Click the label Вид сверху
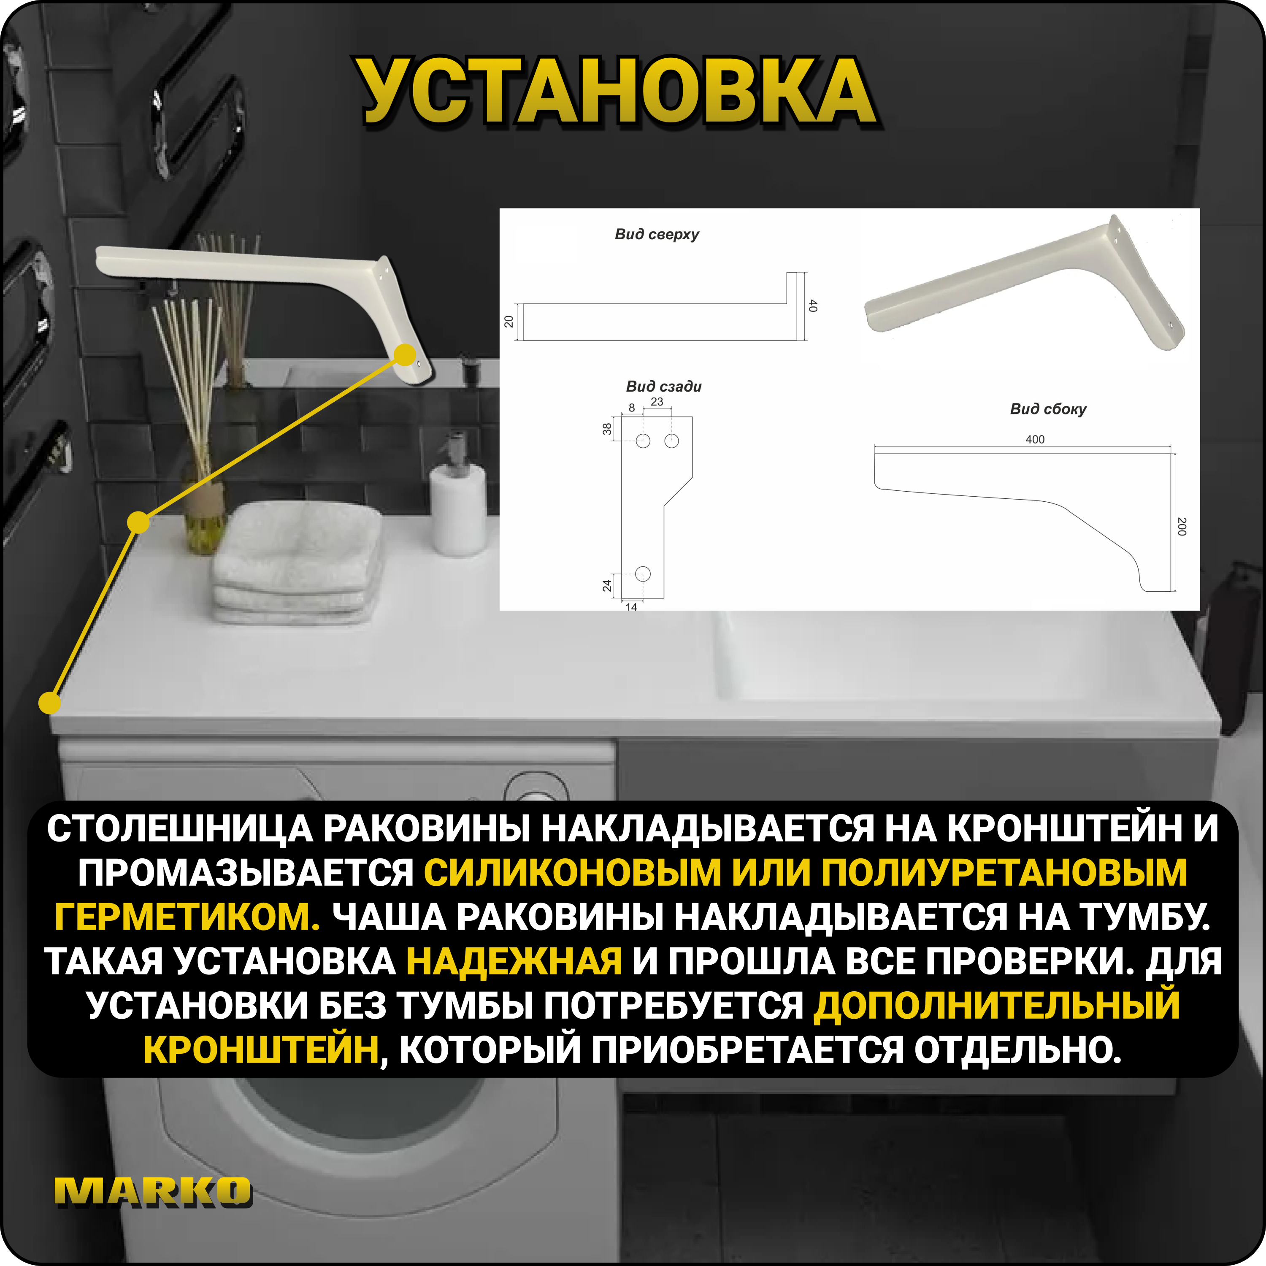tap(657, 235)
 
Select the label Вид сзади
tap(663, 387)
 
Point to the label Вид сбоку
tap(1048, 409)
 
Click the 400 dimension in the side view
tap(1035, 439)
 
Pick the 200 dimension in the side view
tap(1182, 526)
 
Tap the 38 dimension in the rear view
tap(607, 429)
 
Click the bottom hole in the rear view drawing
tap(643, 573)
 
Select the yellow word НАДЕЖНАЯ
tap(514, 961)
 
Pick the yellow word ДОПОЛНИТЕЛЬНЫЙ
tap(996, 1006)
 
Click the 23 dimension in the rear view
tap(657, 402)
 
